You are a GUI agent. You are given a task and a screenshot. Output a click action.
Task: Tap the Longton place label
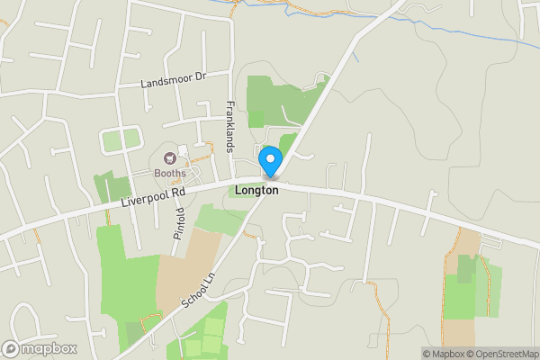click(x=256, y=190)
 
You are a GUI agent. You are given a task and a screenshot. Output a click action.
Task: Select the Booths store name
click(x=169, y=173)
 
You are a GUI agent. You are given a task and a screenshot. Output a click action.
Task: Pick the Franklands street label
click(x=229, y=125)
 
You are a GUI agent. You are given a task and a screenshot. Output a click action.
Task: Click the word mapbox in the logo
click(x=49, y=349)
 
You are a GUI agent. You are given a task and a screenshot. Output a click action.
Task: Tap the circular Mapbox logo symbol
click(x=11, y=349)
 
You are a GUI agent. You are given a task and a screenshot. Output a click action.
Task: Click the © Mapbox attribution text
click(x=444, y=354)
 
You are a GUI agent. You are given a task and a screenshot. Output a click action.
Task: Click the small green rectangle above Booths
click(x=121, y=140)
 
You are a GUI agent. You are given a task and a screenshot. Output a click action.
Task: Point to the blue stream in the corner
click(x=486, y=36)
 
